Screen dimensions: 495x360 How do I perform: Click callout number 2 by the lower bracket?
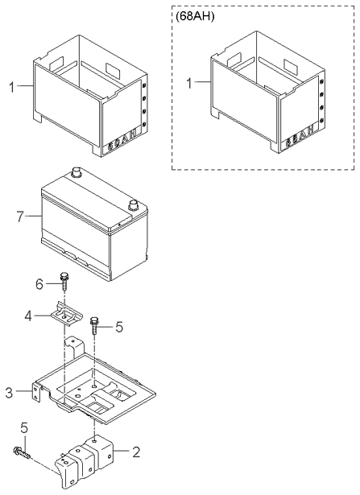[135, 452]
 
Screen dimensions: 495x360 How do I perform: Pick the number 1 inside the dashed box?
[190, 83]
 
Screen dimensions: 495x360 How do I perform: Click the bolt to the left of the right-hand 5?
[95, 325]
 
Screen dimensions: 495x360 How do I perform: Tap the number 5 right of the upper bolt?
[118, 327]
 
